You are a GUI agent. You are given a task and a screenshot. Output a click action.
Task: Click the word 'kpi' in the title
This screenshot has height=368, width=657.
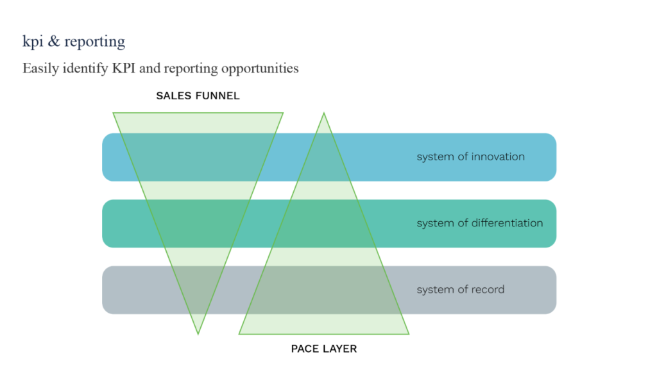[31, 42]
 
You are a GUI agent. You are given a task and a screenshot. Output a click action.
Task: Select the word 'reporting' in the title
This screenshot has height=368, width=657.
[94, 42]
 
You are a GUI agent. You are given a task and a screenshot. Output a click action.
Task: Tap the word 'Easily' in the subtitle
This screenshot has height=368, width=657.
[40, 68]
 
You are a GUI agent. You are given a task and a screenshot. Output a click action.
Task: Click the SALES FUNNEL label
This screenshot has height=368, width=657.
[198, 96]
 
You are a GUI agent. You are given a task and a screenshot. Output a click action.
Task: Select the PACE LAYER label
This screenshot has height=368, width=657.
[324, 349]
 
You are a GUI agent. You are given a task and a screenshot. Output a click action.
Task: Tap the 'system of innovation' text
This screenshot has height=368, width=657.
[470, 157]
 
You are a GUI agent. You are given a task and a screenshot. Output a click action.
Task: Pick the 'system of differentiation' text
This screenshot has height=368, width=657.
[479, 223]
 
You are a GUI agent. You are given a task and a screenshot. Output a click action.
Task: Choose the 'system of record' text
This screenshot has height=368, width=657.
[460, 290]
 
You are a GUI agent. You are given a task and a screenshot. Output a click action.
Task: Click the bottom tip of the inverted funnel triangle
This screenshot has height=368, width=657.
[198, 333]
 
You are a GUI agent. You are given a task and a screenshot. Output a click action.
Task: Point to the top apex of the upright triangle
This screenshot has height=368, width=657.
[324, 113]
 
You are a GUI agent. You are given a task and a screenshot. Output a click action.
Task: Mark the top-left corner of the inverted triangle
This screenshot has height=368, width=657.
[114, 113]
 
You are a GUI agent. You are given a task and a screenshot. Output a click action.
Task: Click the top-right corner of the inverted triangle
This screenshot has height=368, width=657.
[283, 113]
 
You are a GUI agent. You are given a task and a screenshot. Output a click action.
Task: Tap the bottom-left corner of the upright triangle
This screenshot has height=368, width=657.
[239, 334]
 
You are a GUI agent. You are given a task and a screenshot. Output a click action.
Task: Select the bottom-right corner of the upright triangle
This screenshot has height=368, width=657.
[409, 334]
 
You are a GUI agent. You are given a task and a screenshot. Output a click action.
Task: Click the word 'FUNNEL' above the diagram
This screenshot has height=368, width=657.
[219, 96]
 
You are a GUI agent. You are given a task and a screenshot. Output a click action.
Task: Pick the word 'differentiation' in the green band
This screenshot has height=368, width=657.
[507, 223]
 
